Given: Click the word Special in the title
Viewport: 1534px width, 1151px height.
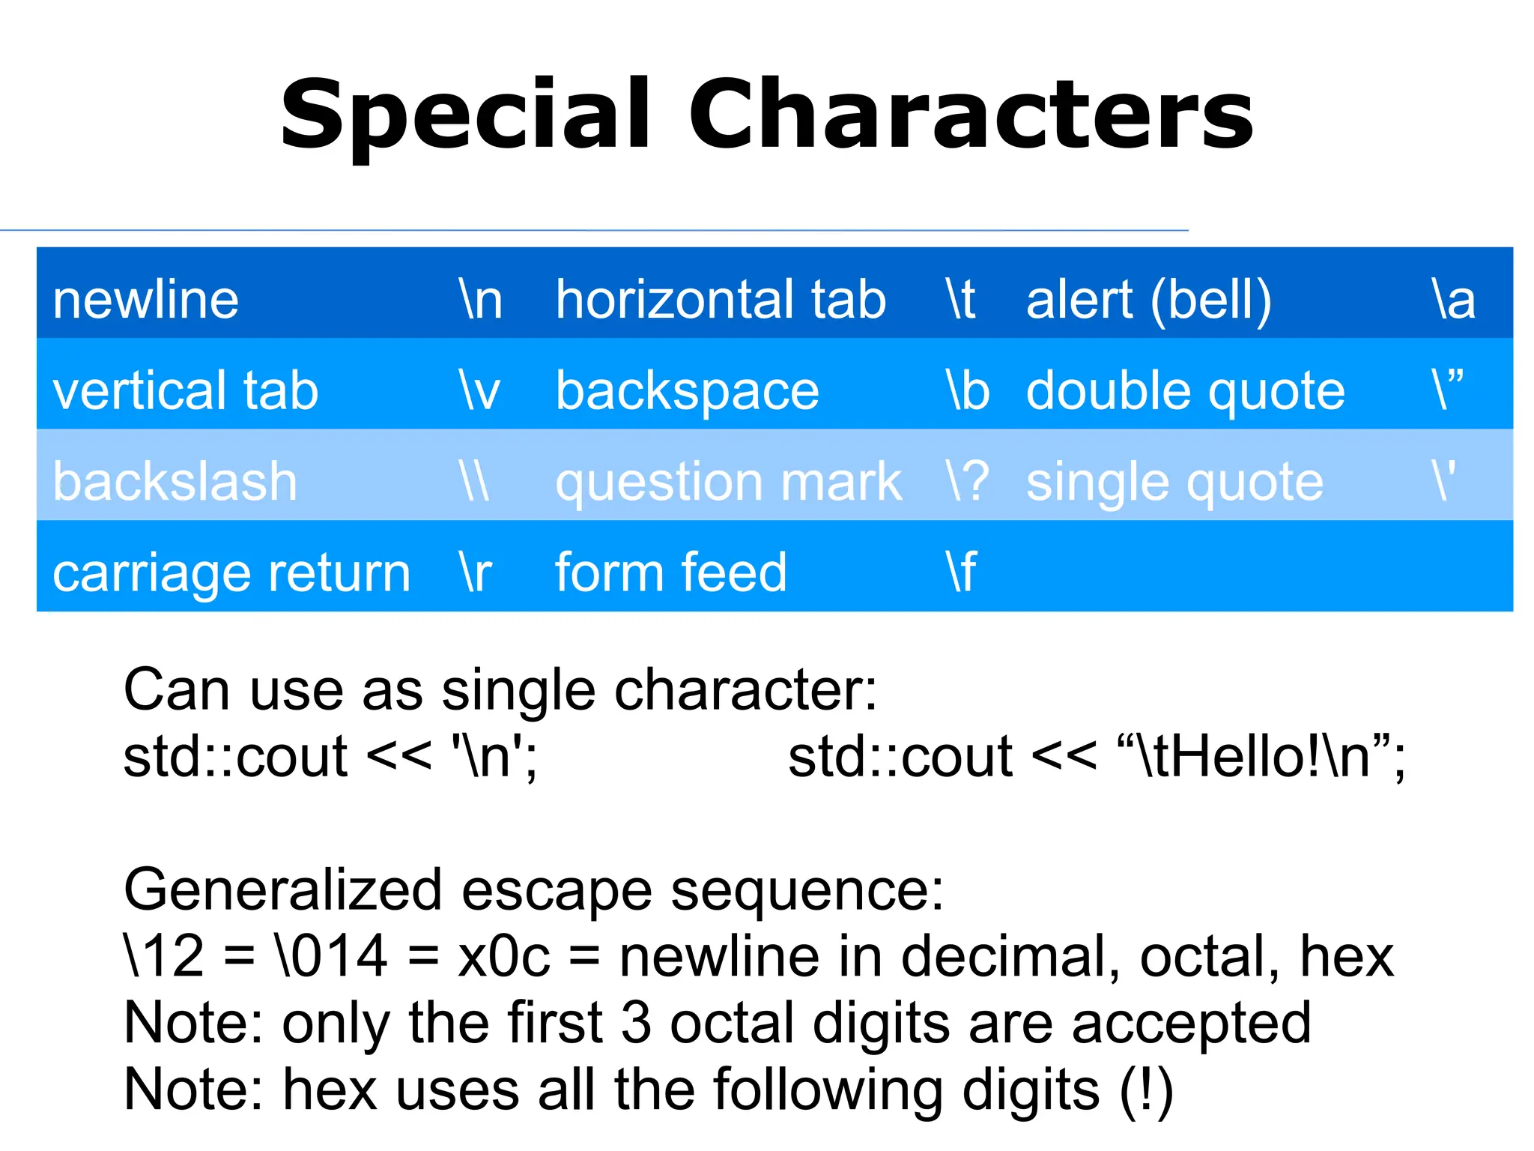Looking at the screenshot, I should [465, 116].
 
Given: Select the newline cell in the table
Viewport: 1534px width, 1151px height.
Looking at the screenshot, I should [146, 300].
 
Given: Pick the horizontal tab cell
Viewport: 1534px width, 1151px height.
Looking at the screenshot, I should [721, 300].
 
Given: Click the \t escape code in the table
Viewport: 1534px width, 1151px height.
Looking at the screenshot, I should [961, 300].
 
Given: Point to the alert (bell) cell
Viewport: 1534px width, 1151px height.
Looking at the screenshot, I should [1148, 300].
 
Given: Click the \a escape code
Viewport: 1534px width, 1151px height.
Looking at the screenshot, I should [1453, 300].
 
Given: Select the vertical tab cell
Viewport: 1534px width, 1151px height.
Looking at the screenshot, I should [186, 391].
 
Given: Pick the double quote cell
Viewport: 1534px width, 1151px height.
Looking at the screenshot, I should [1185, 391].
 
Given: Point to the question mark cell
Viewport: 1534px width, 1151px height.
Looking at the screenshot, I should [728, 482].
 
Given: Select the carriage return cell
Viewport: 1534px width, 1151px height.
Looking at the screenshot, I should [231, 573].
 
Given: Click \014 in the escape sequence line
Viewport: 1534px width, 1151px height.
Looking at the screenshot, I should [332, 957].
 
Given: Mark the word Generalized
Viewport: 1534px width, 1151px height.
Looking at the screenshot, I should [283, 890].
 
